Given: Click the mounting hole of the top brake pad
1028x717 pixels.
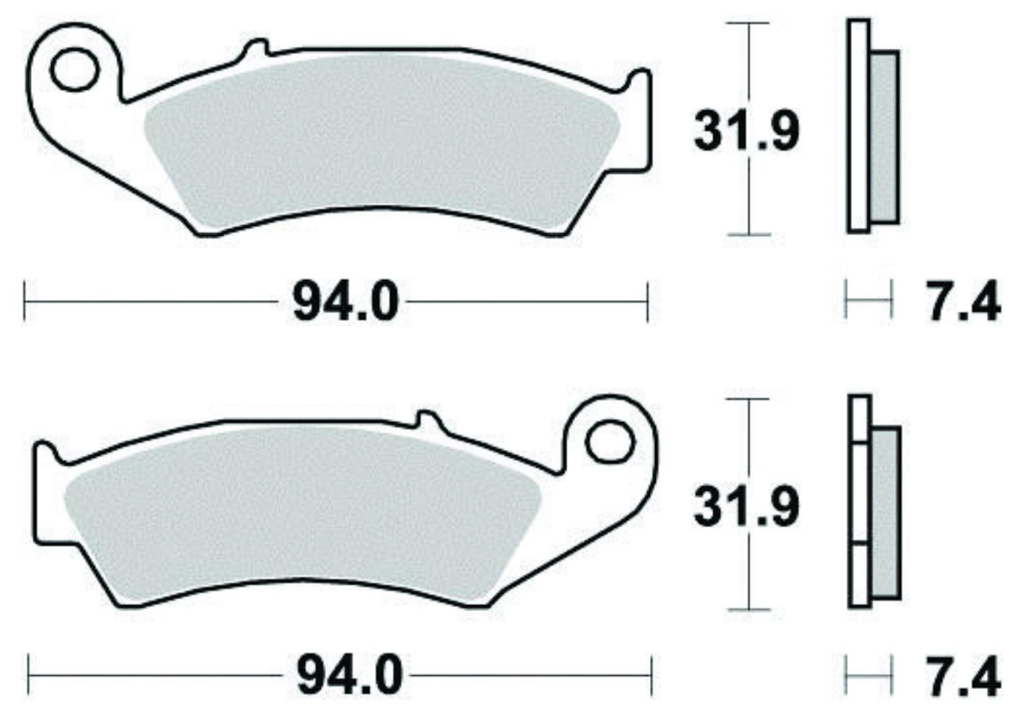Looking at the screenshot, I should (74, 69).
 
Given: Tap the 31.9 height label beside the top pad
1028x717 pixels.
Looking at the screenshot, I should (746, 132).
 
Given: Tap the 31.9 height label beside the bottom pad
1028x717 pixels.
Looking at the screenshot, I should (746, 506).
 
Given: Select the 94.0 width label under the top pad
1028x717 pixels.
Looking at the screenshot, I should (345, 303).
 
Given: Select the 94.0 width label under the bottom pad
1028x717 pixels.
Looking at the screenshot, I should (349, 677).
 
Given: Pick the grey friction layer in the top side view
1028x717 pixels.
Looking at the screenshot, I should (884, 137).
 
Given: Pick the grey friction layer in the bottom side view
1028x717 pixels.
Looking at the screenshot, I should (886, 512).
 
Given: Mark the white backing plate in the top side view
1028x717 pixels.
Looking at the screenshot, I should (858, 126).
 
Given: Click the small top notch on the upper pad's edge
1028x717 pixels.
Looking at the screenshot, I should (255, 49).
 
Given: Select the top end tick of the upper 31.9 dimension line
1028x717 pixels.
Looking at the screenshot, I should (748, 23).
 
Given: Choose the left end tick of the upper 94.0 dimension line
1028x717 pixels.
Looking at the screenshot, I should (25, 302).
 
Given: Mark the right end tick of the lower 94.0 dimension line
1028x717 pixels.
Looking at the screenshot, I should (651, 676).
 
